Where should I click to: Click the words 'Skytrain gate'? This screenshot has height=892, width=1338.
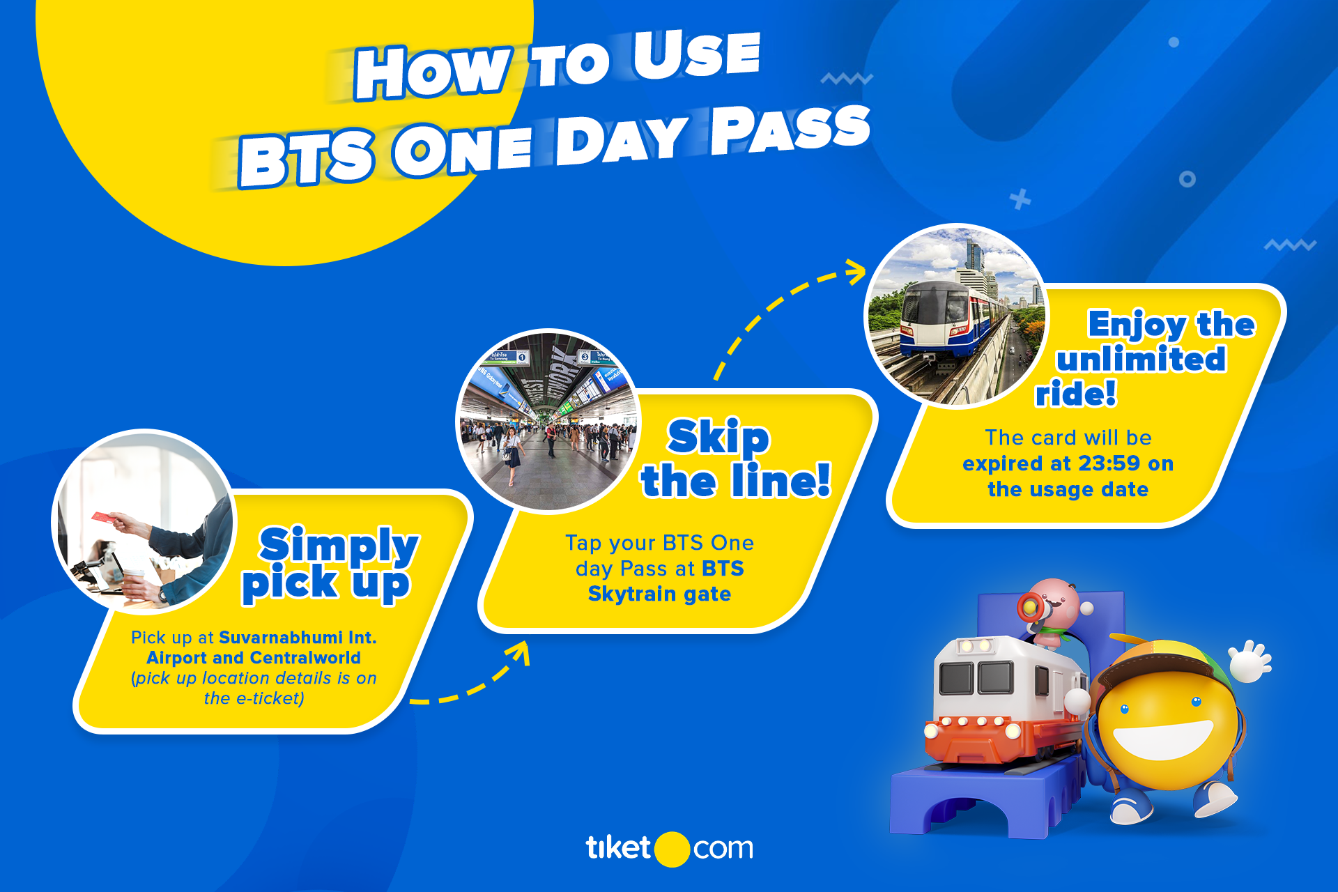click(659, 594)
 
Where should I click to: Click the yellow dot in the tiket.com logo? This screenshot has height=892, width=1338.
click(672, 849)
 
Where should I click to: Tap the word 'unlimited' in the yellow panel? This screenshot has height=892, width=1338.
click(1141, 360)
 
